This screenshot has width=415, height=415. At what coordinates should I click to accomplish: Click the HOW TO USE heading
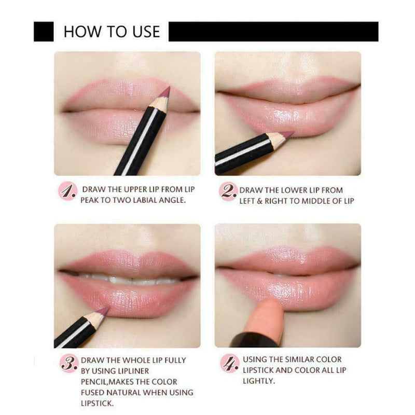pos(112,32)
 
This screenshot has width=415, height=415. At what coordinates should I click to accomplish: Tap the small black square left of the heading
pos(44,32)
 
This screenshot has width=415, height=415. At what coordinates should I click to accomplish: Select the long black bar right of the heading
pos(273,32)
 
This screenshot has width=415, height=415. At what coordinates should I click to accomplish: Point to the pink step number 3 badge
pos(68,364)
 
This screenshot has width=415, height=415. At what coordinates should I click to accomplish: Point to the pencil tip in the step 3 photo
pos(105,311)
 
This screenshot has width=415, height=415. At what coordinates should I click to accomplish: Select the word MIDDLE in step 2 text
pos(317,200)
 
